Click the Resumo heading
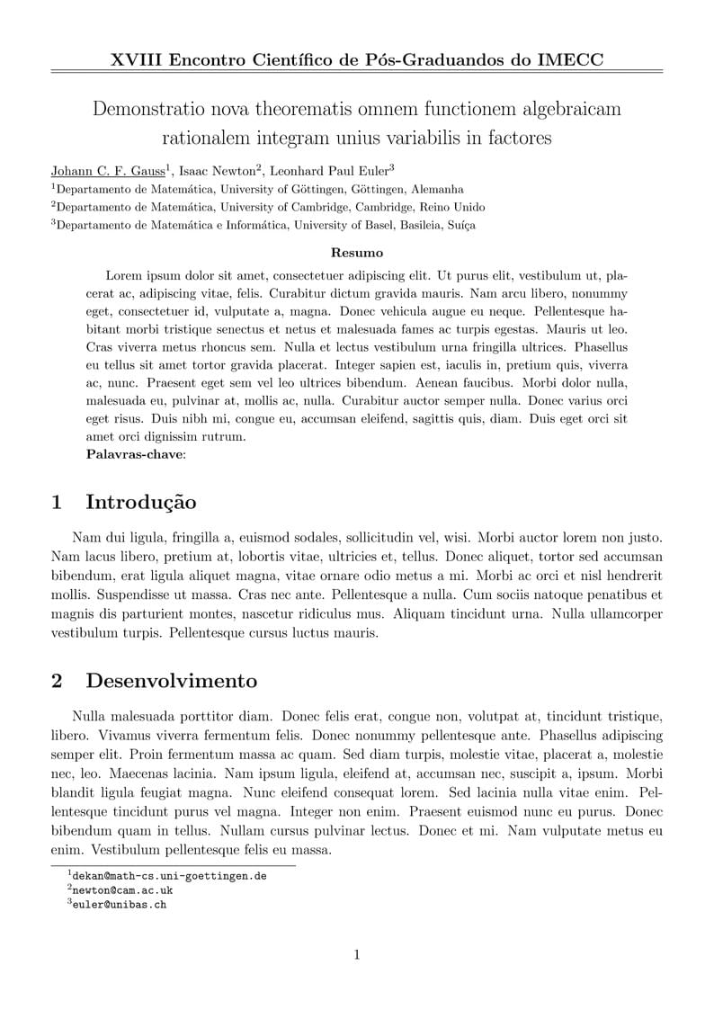point(357,253)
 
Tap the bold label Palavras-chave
point(134,454)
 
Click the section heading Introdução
point(140,502)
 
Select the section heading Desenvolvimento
point(171,681)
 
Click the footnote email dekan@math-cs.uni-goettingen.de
point(169,875)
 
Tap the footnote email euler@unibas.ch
point(120,905)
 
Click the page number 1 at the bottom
point(357,955)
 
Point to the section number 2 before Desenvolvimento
point(57,681)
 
